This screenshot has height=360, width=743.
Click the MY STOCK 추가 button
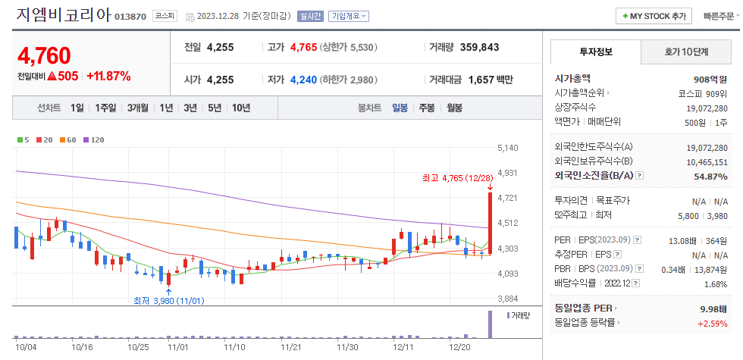pos(654,15)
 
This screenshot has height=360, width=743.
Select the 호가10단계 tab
pos(686,52)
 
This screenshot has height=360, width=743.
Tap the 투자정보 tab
pos(595,52)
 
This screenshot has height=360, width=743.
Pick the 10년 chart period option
pos(241,108)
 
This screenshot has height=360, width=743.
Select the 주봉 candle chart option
pos(427,108)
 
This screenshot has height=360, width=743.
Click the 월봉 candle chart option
pos(454,108)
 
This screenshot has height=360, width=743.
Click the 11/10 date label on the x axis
pos(235,347)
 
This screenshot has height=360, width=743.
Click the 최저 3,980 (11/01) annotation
pos(168,301)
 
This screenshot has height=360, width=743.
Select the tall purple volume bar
pos(490,324)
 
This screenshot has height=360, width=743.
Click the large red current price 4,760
pos(44,55)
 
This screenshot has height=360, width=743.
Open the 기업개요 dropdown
pos(349,16)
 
